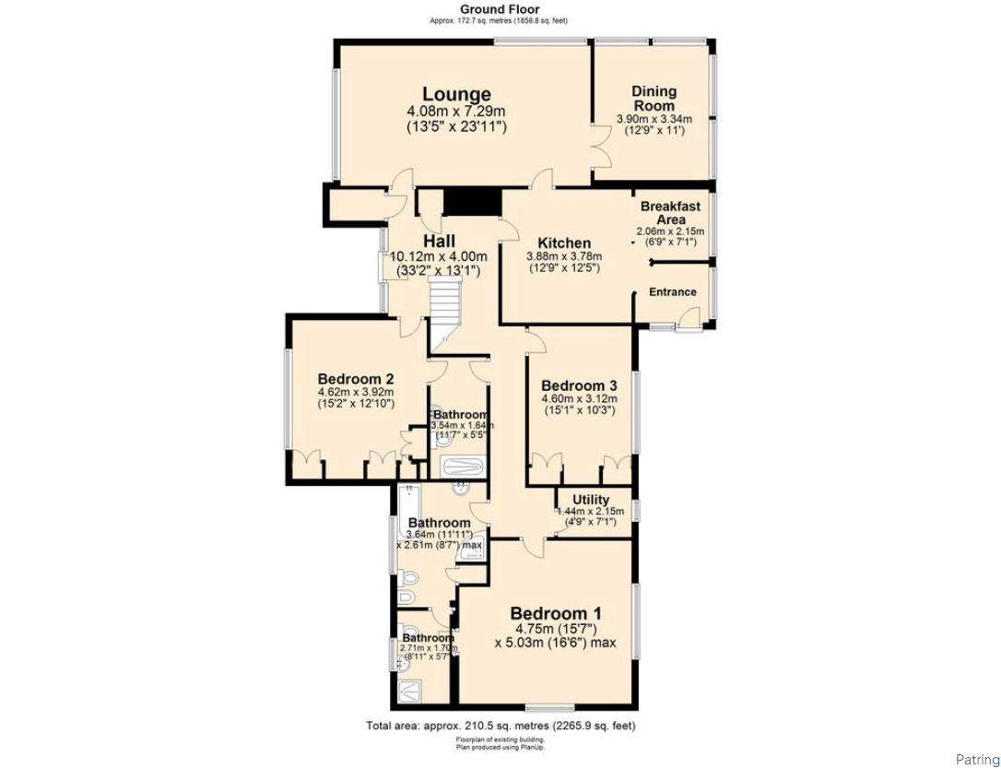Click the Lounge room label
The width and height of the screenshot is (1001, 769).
(456, 94)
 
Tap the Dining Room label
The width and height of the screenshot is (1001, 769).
(654, 98)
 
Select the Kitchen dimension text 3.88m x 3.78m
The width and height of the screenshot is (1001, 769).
(563, 256)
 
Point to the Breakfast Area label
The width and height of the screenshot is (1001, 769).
(670, 213)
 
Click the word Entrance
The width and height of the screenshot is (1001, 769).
(673, 292)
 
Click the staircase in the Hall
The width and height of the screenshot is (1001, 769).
(443, 304)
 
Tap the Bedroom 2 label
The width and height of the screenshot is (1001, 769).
(356, 379)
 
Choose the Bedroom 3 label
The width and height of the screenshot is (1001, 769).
(579, 385)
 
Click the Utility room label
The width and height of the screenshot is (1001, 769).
(591, 500)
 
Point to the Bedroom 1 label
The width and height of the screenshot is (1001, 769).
(555, 613)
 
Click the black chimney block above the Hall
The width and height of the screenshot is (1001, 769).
(471, 201)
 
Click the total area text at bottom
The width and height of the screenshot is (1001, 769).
(500, 726)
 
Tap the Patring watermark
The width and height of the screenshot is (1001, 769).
(976, 760)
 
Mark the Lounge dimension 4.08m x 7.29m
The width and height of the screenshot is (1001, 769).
(456, 112)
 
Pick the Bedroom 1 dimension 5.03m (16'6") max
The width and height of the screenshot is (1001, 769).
(555, 644)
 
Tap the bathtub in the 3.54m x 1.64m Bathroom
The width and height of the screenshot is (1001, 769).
(465, 466)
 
